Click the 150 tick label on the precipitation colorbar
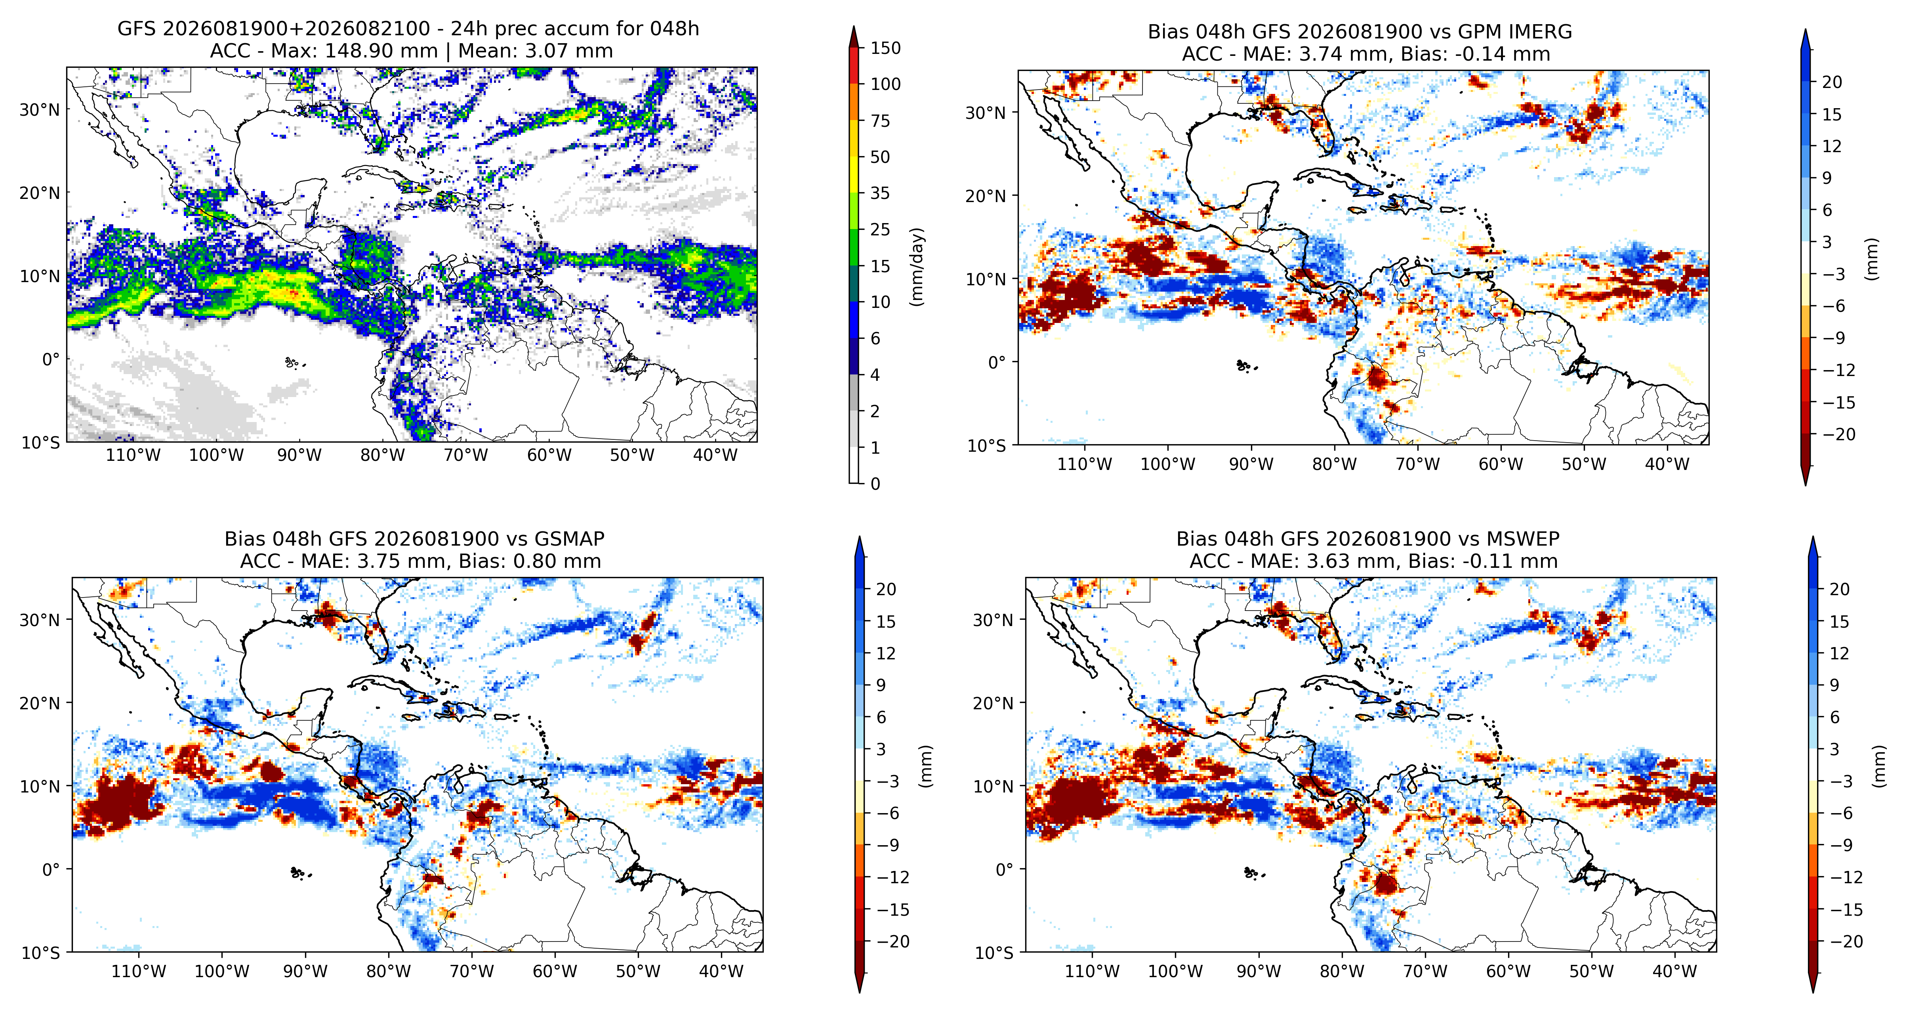(x=885, y=48)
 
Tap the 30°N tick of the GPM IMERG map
(x=986, y=113)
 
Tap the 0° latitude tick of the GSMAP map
(x=51, y=869)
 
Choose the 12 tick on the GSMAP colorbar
(x=886, y=653)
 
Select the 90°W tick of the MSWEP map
(x=1259, y=972)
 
